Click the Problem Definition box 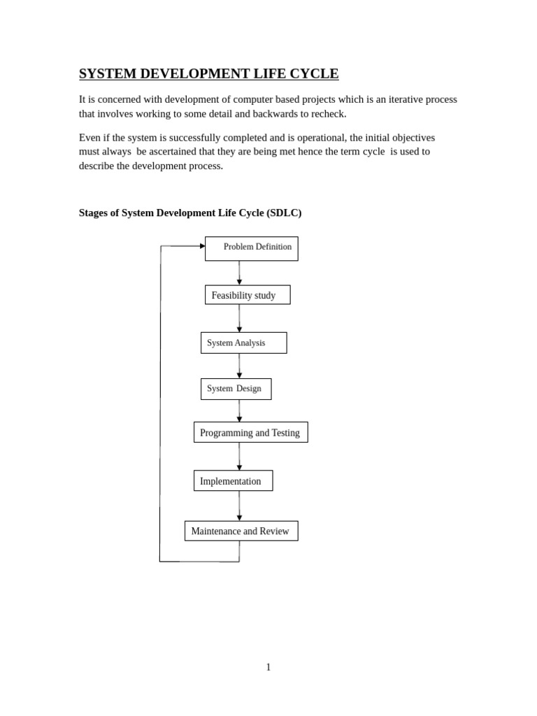[251, 248]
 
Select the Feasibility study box [247, 295]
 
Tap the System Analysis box [243, 343]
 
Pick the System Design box [236, 389]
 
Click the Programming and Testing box [250, 432]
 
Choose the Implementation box [233, 480]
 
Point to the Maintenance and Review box [241, 531]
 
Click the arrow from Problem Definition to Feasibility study [239, 273]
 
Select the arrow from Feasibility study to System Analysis [239, 319]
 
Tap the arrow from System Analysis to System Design [239, 366]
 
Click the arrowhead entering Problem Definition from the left [201, 246]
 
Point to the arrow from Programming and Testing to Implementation [239, 457]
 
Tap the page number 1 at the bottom [268, 667]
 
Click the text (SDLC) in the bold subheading [284, 213]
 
